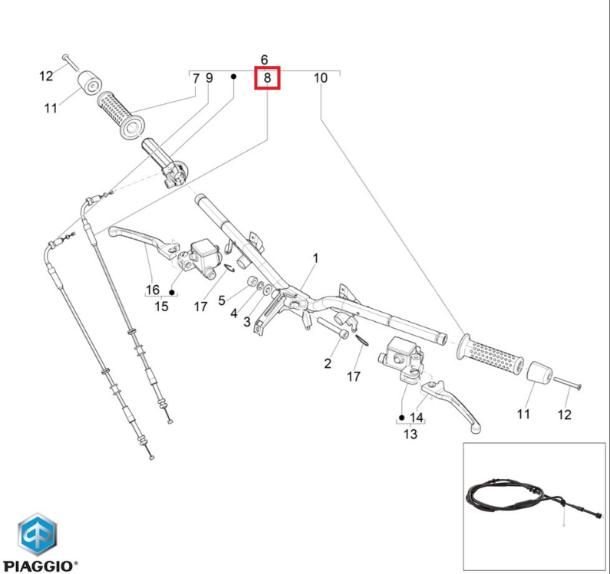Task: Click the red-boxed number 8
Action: (267, 77)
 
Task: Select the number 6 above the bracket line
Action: (265, 60)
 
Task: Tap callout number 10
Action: (321, 77)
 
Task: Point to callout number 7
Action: (196, 77)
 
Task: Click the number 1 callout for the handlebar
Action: (315, 258)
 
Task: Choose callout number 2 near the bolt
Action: (327, 363)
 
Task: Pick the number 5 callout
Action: (222, 300)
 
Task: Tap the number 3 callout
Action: (247, 322)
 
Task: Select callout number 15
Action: (161, 307)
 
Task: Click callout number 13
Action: (411, 434)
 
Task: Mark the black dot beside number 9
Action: (233, 77)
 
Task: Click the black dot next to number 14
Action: (401, 418)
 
